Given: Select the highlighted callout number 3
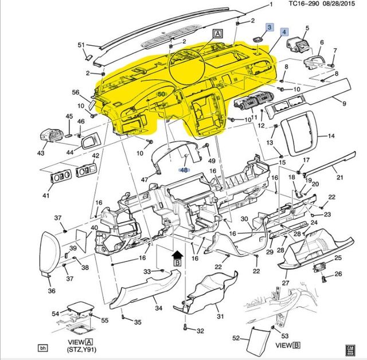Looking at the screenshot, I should (269, 27).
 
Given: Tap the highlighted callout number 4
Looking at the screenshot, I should (285, 33).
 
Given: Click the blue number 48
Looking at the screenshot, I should (183, 170).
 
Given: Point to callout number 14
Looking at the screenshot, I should (331, 136).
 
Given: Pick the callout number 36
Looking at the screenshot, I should (52, 291).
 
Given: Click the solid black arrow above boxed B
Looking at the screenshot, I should (177, 253).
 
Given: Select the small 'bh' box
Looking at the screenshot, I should (42, 347).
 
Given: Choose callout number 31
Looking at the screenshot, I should (220, 316).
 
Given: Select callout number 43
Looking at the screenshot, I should (40, 153).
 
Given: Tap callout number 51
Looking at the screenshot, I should (81, 45).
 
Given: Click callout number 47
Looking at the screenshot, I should (145, 180).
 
